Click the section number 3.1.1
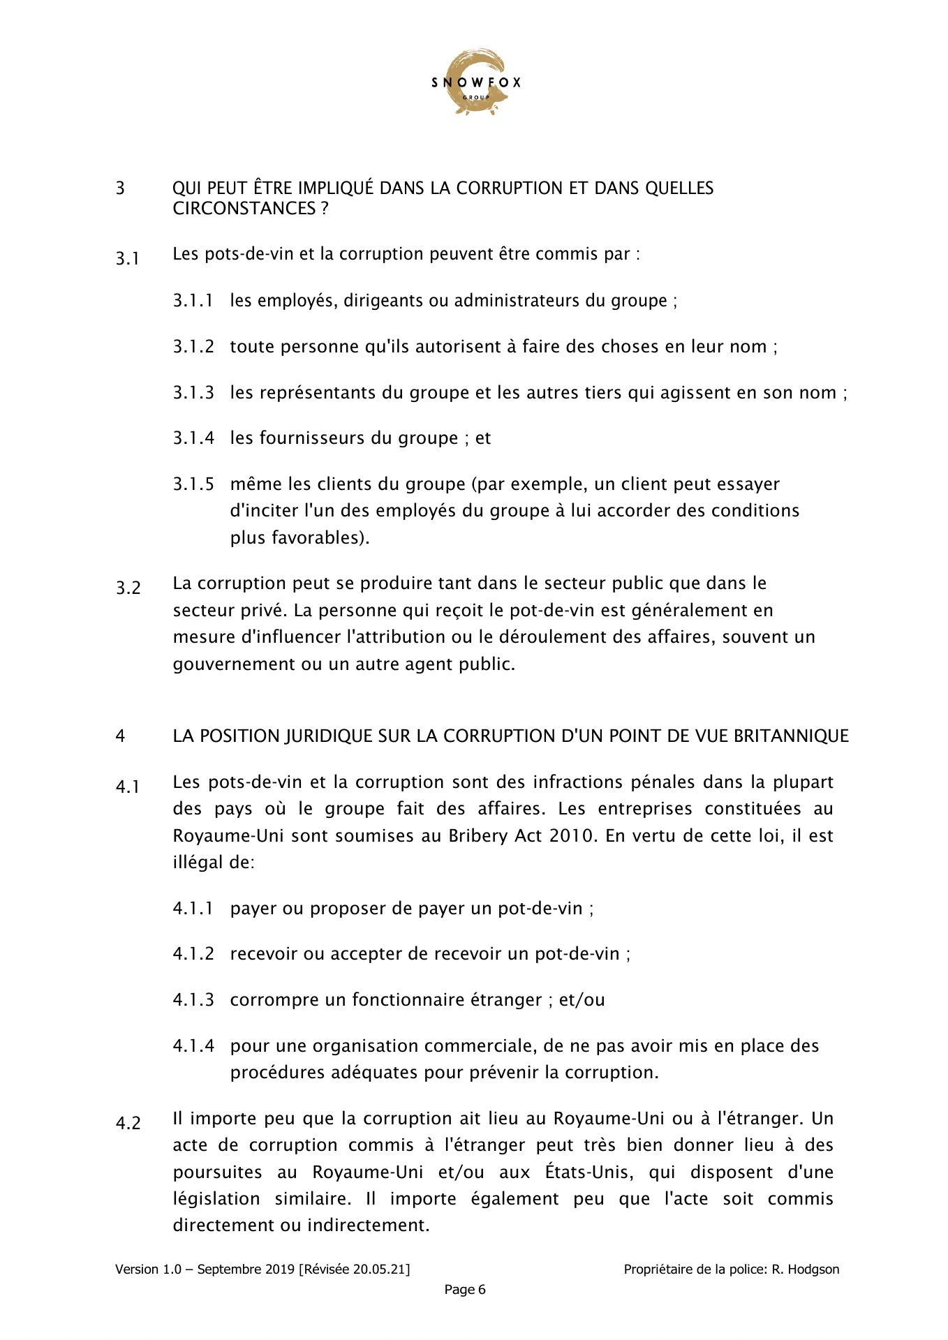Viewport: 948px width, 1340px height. click(193, 301)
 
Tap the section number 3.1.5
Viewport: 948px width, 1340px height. click(193, 484)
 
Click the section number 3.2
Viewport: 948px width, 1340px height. click(128, 588)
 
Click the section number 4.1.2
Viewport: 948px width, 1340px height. click(193, 954)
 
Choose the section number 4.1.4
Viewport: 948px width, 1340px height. click(193, 1046)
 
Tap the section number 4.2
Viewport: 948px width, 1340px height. click(128, 1124)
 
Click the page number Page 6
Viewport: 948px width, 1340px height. click(465, 1290)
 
